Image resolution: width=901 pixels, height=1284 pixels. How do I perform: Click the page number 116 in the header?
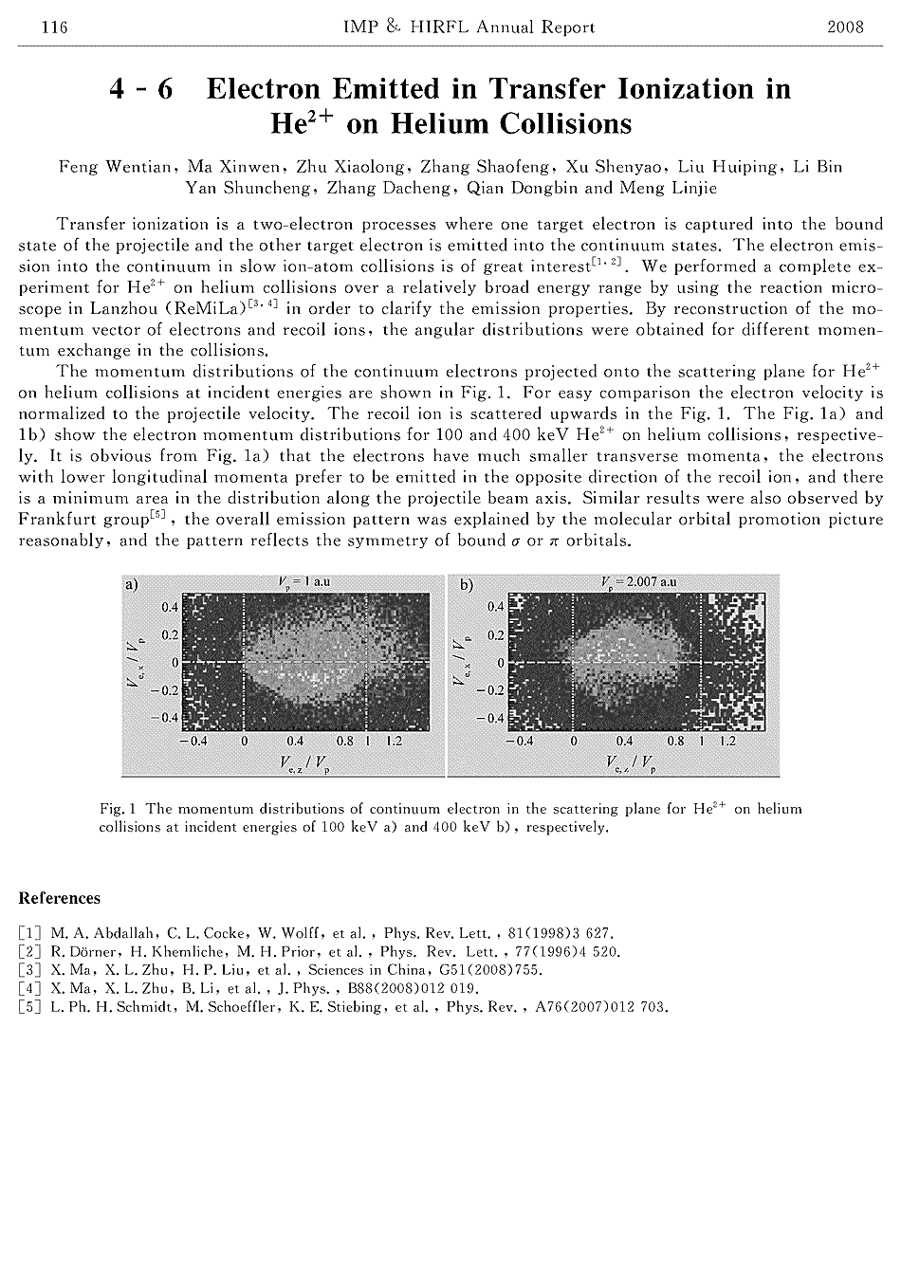coord(54,27)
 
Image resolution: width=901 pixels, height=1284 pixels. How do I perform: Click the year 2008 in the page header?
coord(845,27)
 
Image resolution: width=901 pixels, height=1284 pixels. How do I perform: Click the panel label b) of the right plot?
coord(466,585)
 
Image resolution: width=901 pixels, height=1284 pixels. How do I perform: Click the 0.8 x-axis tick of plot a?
coord(345,741)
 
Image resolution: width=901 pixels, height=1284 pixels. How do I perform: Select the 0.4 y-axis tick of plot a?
coord(168,606)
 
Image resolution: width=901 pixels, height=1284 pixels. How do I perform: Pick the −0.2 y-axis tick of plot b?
coord(492,689)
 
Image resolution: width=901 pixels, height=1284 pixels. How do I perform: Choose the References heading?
coord(59,898)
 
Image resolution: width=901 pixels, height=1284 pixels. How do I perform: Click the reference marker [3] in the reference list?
coord(28,970)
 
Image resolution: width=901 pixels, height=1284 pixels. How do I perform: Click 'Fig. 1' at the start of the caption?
coord(119,810)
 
